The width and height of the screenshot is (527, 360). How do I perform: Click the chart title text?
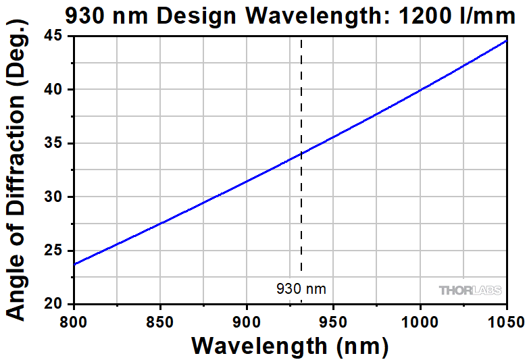click(290, 16)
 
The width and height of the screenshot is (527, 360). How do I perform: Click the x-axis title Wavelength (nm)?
click(290, 346)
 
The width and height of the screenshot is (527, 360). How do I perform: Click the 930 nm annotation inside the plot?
click(301, 289)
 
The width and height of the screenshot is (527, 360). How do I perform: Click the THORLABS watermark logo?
click(470, 290)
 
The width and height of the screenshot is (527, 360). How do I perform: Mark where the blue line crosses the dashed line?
click(301, 153)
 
